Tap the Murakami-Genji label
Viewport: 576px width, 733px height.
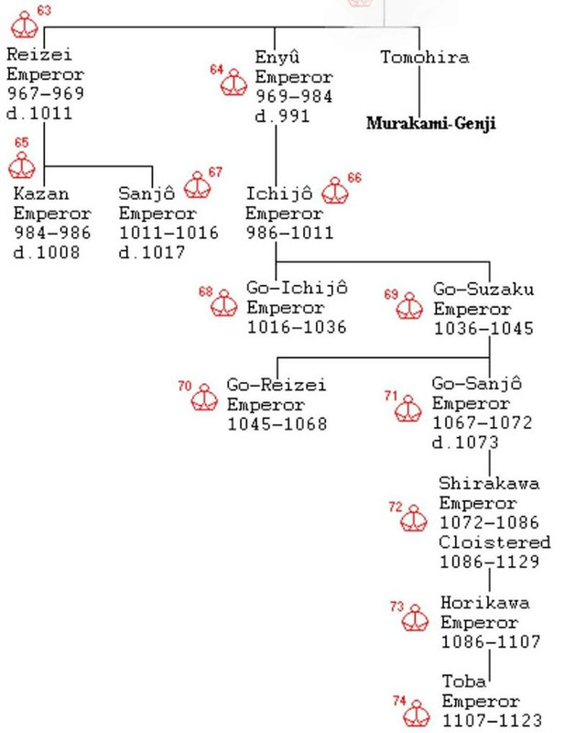[430, 123]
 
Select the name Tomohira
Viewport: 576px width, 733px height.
[425, 57]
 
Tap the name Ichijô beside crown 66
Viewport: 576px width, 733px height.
[279, 193]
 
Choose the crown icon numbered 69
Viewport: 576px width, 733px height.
[408, 306]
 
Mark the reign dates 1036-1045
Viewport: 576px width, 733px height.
[483, 328]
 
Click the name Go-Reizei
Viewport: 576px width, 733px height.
[277, 385]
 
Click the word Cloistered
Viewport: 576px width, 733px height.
[494, 542]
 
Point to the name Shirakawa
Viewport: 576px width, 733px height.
[489, 483]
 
